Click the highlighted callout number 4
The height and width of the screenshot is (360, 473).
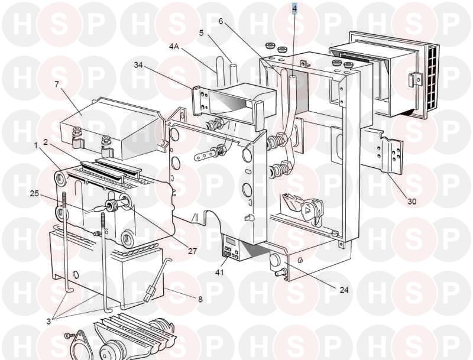point(294,9)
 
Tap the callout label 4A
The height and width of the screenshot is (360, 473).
point(174,47)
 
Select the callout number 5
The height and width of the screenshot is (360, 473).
point(201,33)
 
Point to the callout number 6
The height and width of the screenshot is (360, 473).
point(221,21)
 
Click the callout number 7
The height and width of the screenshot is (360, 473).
point(57,84)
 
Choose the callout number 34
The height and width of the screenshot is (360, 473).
point(138,65)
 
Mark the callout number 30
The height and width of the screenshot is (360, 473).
point(412,201)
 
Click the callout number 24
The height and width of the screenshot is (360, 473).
point(344,290)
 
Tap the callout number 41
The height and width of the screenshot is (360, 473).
point(219,272)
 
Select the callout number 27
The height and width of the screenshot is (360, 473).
point(193,251)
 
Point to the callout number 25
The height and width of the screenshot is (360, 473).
point(34,193)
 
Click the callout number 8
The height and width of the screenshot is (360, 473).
point(200,299)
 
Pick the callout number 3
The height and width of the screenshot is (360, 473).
point(48,322)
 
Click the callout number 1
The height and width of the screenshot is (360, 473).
point(36,146)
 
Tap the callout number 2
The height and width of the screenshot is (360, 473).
point(46,142)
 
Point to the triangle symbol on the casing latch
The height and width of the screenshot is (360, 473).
point(308,210)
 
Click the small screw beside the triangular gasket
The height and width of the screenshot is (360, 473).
point(68,335)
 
